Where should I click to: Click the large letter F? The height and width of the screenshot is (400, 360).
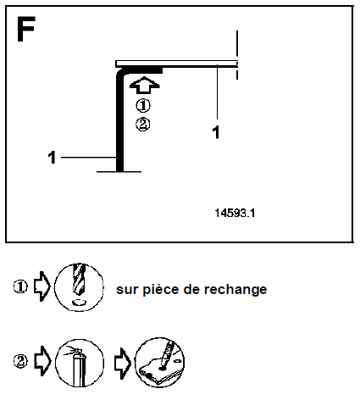[25, 29]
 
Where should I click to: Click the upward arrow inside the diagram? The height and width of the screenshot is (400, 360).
[144, 85]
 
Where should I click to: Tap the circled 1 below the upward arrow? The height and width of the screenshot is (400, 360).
[143, 106]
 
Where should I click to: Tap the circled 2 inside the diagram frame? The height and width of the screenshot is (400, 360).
[143, 125]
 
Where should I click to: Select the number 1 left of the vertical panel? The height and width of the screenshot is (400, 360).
[52, 158]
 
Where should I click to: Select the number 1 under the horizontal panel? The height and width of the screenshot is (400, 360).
[216, 132]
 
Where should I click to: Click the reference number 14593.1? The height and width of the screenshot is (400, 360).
[235, 213]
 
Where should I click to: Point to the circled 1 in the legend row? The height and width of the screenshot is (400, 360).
[20, 286]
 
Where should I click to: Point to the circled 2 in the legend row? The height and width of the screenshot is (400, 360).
[20, 361]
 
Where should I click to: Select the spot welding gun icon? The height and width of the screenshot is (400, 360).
[160, 363]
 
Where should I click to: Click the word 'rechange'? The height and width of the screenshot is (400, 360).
[235, 290]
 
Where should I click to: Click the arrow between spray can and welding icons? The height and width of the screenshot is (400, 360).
[123, 364]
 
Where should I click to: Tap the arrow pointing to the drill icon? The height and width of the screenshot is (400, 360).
[42, 286]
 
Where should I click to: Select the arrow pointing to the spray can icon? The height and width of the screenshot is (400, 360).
[42, 361]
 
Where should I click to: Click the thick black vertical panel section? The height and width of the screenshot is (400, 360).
[119, 121]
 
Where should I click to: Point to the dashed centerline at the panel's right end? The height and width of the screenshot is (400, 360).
[237, 55]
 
